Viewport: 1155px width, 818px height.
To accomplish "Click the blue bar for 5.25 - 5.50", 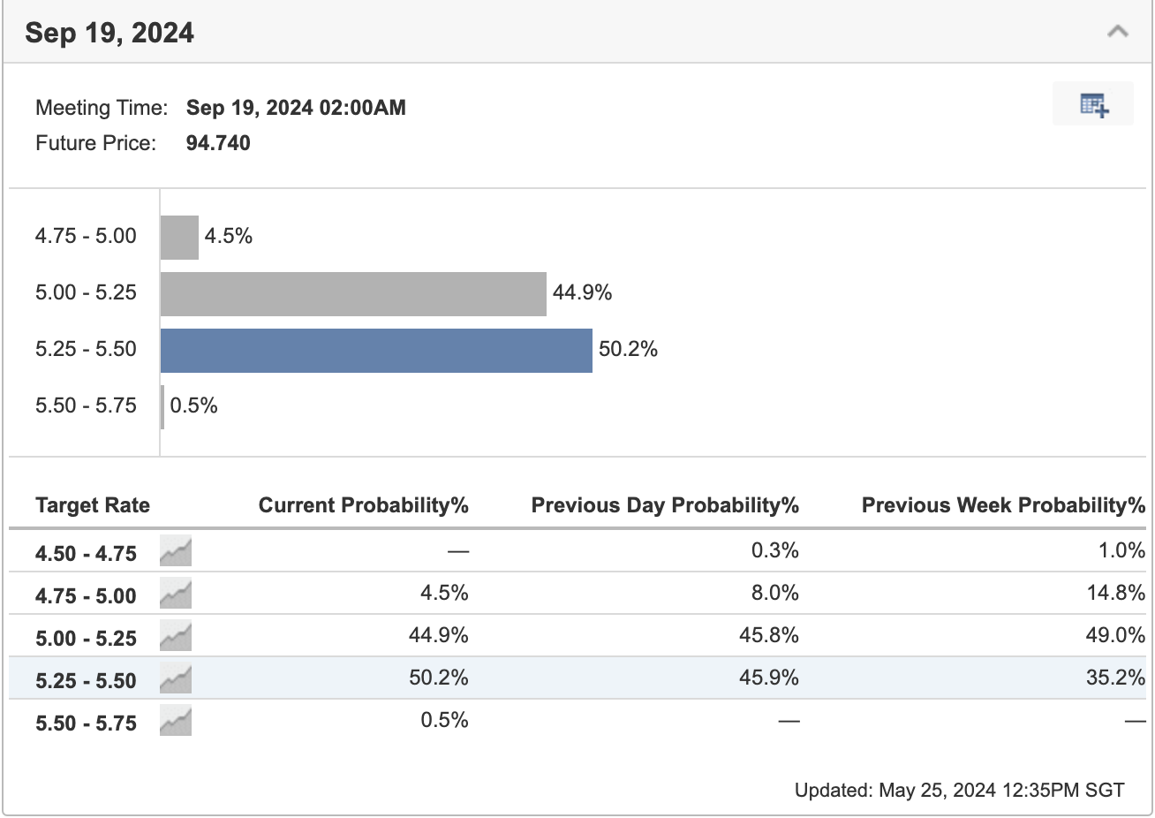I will (376, 350).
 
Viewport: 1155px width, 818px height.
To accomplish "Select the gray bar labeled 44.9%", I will (353, 293).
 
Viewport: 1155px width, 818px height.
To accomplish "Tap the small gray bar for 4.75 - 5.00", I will (179, 237).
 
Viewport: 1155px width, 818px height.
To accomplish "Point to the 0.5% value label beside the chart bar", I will (193, 406).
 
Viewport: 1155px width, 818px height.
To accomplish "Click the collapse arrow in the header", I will (1117, 33).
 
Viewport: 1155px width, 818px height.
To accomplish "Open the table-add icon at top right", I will (1093, 105).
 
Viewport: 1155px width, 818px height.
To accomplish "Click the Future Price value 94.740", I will (218, 143).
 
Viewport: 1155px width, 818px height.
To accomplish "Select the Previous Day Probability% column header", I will (665, 505).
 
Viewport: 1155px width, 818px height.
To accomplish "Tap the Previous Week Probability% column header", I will (1003, 505).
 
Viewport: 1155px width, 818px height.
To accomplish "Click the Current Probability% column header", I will (363, 505).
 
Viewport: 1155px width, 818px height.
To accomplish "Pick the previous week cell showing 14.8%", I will (1115, 593).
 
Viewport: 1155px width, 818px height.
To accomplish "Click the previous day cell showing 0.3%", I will (774, 550).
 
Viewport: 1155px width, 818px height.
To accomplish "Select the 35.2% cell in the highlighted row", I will (1115, 678).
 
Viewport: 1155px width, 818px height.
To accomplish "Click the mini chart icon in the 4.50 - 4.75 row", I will (176, 552).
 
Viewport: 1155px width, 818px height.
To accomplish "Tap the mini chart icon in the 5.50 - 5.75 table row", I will (176, 722).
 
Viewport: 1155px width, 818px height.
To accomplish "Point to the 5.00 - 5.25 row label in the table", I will (86, 638).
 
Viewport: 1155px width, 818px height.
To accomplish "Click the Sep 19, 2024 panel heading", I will (109, 33).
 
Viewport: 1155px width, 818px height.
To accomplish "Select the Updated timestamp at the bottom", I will (959, 790).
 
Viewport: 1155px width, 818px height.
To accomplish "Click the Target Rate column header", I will (93, 505).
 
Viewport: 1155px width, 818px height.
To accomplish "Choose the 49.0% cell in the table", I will (1115, 635).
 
